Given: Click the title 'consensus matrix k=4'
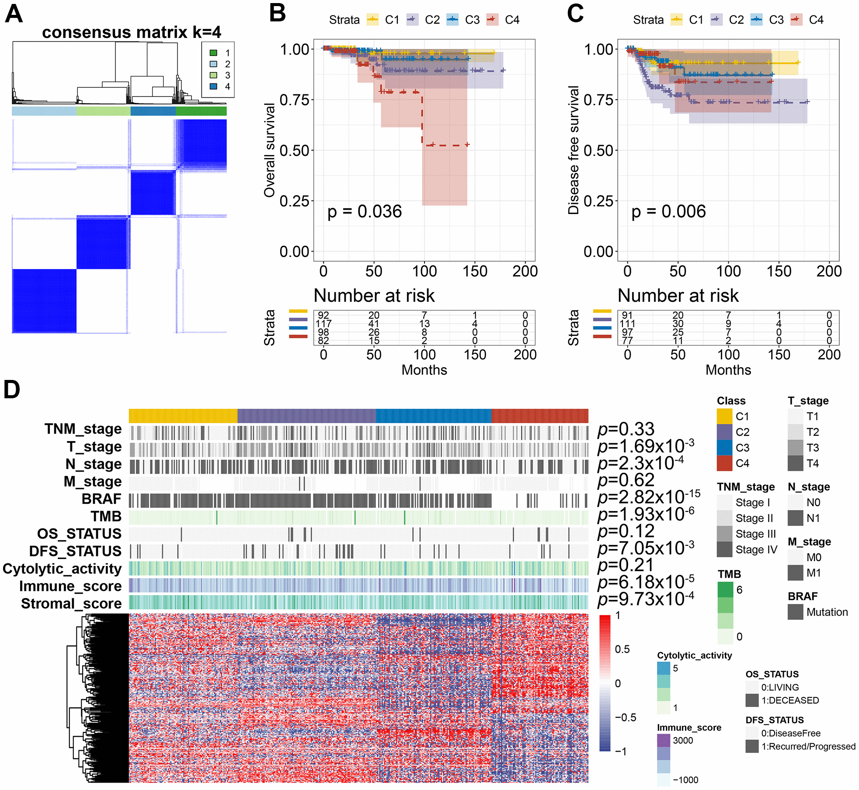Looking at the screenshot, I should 131,32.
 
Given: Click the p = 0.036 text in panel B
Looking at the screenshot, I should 364,212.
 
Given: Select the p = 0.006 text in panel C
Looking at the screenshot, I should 668,212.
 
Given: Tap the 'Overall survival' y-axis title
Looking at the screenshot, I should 270,150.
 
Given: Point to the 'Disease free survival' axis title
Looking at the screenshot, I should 574,150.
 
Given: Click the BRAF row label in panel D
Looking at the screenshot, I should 101,499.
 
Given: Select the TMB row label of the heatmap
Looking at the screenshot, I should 106,516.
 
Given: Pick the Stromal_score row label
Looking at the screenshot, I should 71,604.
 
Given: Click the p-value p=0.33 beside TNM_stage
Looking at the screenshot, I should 626,429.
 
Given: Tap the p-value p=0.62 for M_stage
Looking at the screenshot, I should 626,480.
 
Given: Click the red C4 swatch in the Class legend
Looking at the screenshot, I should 724,463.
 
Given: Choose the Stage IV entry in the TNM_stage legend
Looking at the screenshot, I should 756,549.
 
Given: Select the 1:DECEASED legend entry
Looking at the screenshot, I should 789,700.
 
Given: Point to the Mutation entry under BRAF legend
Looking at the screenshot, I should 827,612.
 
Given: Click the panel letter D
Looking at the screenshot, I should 12,390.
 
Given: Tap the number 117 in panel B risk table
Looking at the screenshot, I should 323,324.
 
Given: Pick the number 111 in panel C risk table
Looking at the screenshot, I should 627,324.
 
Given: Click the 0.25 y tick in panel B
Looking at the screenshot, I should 294,201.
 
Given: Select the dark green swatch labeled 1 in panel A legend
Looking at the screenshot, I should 213,53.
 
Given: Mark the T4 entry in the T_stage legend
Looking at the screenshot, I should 812,463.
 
